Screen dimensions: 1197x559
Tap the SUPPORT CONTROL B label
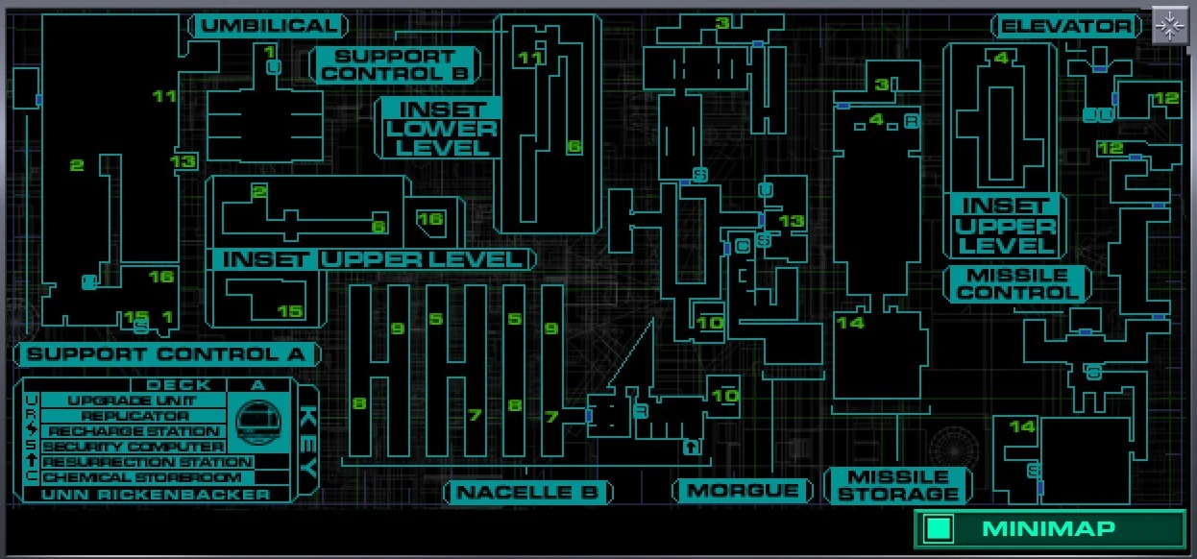click(x=395, y=65)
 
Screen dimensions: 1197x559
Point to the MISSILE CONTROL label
click(x=1016, y=283)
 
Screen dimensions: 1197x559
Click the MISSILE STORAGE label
click(x=898, y=486)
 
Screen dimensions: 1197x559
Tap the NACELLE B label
click(x=527, y=493)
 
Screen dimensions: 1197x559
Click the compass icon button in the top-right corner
click(x=1169, y=26)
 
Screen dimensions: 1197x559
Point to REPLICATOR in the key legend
click(x=134, y=416)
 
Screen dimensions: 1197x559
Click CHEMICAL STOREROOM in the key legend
click(x=134, y=477)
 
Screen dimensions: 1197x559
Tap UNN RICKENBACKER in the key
click(x=156, y=495)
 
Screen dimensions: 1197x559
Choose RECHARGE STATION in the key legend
click(x=134, y=431)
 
